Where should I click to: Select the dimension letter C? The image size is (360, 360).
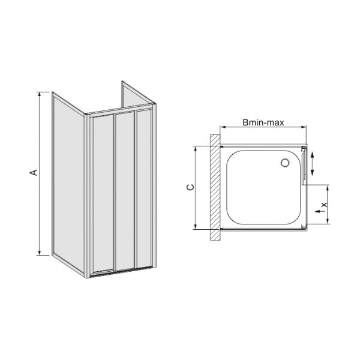point(188,187)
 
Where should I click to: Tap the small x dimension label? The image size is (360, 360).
point(323,204)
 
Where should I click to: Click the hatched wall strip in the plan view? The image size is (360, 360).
point(214,187)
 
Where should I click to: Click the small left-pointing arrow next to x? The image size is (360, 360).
point(318,212)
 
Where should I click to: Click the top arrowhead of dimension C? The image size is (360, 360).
point(196,148)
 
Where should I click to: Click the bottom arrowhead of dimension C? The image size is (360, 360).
point(196,227)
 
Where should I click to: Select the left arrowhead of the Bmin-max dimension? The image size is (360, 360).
point(222,127)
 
